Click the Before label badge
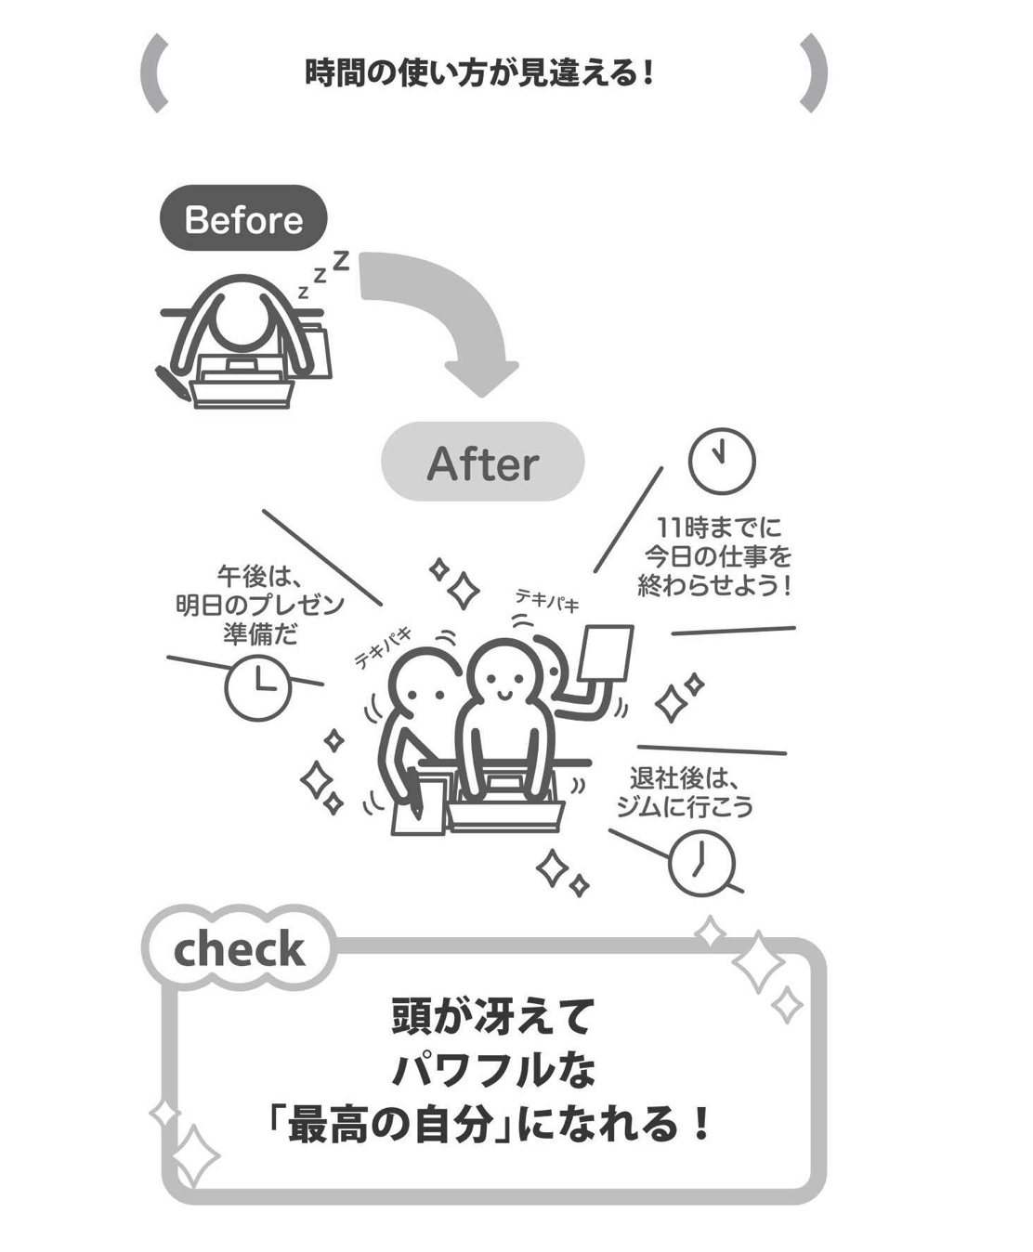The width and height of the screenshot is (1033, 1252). [x=243, y=219]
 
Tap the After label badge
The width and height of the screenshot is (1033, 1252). [x=482, y=463]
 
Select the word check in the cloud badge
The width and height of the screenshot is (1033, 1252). [x=239, y=948]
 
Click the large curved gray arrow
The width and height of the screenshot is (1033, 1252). [x=446, y=316]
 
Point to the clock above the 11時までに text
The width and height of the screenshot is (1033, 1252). [x=721, y=461]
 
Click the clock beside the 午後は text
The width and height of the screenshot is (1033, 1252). [x=258, y=688]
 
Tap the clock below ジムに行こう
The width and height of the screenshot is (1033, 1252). [x=701, y=863]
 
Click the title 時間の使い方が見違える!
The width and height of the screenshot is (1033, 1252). [x=480, y=72]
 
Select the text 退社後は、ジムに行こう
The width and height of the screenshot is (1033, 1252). [x=685, y=791]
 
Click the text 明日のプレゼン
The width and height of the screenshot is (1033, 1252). [x=260, y=606]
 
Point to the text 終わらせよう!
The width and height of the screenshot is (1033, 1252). [x=714, y=586]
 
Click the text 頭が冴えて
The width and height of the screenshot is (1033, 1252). [x=491, y=1016]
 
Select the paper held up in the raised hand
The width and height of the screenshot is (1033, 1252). [x=606, y=655]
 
